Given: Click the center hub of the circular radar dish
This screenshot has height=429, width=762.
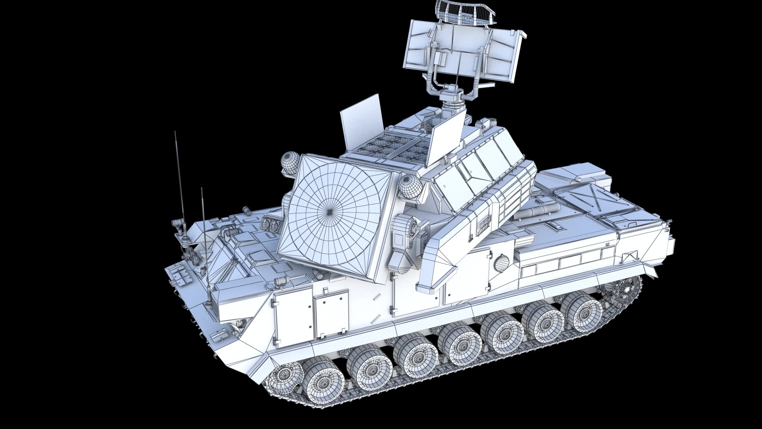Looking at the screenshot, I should coord(330,213).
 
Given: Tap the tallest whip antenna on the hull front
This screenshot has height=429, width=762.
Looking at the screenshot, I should coord(179,179).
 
